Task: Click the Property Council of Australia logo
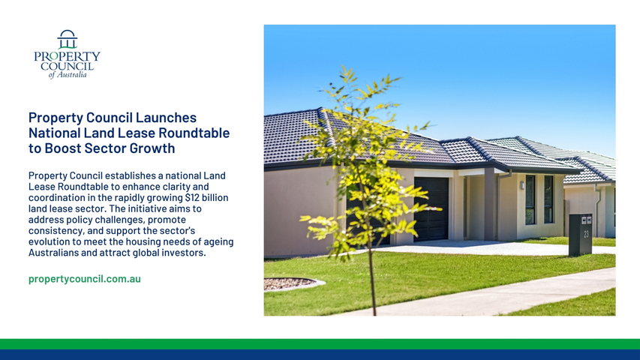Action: (67, 54)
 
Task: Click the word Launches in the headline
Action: (166, 118)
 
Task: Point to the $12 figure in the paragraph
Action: (191, 197)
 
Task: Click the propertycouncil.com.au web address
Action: (85, 279)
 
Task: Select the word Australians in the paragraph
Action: (53, 253)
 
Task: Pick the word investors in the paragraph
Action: (184, 253)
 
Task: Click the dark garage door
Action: (431, 209)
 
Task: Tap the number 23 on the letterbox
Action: (586, 234)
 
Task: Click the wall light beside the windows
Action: (522, 185)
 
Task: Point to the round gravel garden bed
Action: (290, 283)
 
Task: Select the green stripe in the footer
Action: (320, 344)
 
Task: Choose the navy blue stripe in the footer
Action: (320, 355)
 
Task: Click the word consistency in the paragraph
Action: (56, 230)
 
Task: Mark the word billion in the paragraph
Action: (215, 197)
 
